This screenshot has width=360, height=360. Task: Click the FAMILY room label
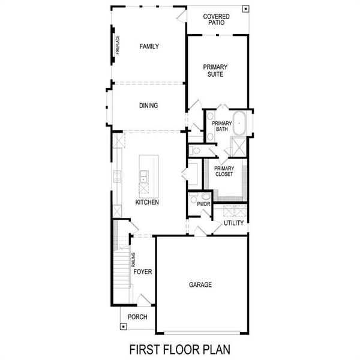coord(149,46)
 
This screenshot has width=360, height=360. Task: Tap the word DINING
coord(148,106)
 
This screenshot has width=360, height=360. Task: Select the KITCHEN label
coord(146,203)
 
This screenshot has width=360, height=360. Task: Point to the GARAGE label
coord(200,284)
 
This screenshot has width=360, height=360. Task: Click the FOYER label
coord(142,272)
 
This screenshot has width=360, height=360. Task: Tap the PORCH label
coord(137,317)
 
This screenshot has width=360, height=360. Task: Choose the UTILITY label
coord(233,223)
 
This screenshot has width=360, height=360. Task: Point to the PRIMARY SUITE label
coord(216,71)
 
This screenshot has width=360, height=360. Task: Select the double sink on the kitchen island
coord(144,176)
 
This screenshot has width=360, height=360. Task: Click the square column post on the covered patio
coord(245,9)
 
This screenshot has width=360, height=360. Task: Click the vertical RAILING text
coord(133,259)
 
